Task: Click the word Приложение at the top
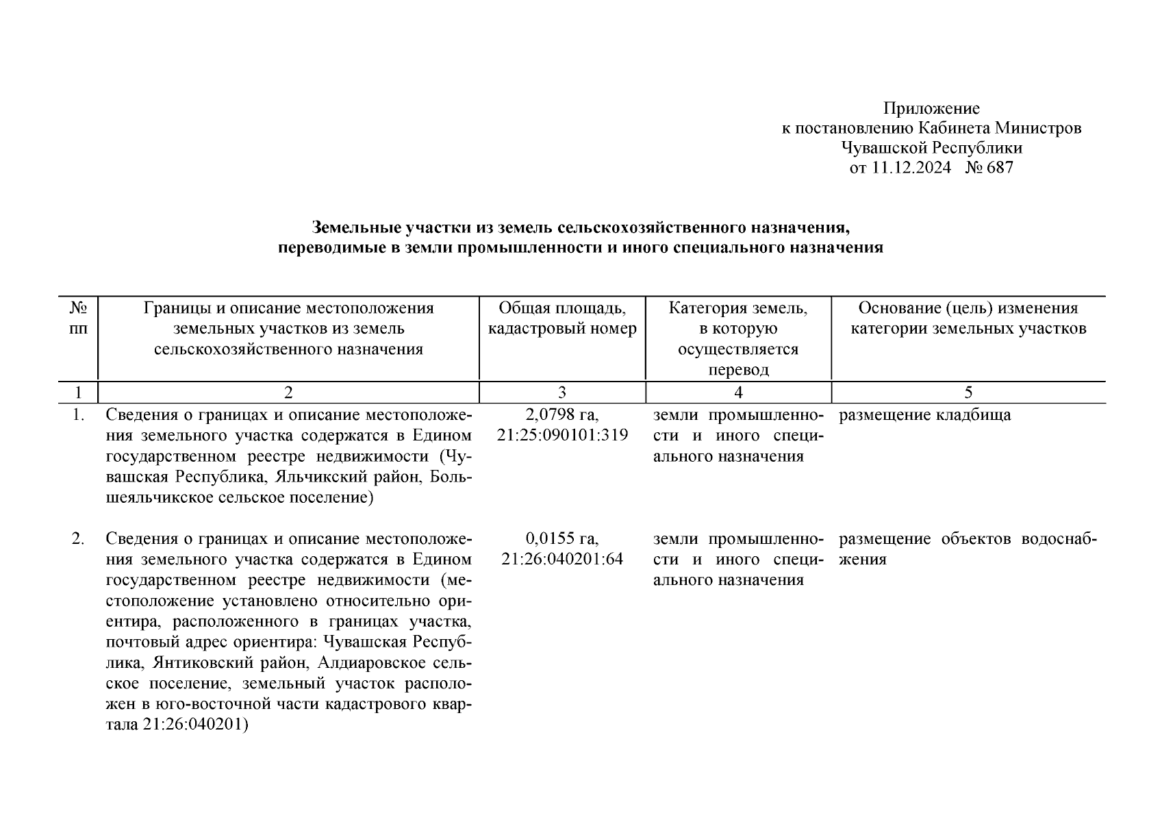click(x=931, y=108)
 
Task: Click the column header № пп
click(x=78, y=319)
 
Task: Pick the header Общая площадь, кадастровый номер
click(x=561, y=319)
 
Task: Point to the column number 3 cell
click(x=561, y=393)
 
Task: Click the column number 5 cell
click(x=968, y=393)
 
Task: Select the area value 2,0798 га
click(x=561, y=415)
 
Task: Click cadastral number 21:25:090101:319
click(x=561, y=436)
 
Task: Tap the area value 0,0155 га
click(x=561, y=538)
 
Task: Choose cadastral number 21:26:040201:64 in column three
click(x=561, y=559)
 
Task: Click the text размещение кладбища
click(x=924, y=415)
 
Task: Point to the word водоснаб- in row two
click(x=1059, y=538)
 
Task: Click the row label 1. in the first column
click(x=78, y=415)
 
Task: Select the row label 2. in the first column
click(x=78, y=538)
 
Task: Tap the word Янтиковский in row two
click(x=198, y=663)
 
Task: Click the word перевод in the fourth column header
click(x=738, y=370)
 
